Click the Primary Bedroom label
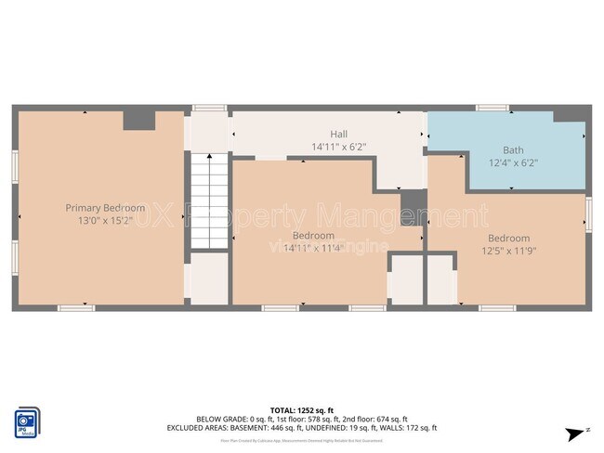[105, 208]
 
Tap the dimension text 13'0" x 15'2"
[105, 221]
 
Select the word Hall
[339, 134]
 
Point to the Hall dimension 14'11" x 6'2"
[339, 147]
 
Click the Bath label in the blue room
[513, 149]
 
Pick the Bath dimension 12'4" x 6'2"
[513, 162]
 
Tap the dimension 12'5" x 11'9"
[508, 251]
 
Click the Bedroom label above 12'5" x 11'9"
[508, 238]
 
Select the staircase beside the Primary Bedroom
[209, 201]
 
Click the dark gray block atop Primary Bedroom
[139, 120]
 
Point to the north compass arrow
[578, 433]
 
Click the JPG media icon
[27, 421]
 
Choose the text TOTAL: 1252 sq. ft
[302, 409]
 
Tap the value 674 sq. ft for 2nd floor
[387, 419]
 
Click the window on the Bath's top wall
[492, 108]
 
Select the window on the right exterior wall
[588, 214]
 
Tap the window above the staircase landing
[209, 108]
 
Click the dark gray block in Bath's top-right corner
[570, 116]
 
